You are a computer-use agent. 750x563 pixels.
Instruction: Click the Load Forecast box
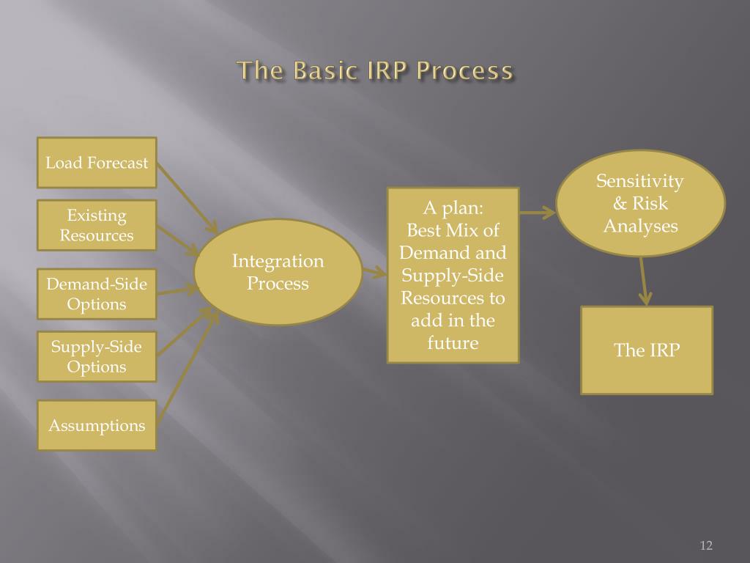(97, 163)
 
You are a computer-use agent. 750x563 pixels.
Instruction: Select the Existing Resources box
(97, 225)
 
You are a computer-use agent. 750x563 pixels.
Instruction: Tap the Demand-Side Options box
(97, 294)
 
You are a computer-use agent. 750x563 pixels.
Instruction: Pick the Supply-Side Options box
(97, 357)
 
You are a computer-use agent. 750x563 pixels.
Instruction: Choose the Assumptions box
(97, 425)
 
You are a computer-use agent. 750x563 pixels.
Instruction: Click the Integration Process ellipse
(278, 272)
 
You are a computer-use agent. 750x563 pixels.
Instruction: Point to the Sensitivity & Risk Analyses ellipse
(640, 204)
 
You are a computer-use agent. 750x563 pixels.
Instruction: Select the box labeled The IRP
(647, 350)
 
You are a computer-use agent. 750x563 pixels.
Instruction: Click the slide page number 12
(706, 545)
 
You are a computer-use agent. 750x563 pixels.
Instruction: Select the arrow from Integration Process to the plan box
(374, 273)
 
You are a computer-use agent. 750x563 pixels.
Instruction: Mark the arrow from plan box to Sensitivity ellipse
(538, 213)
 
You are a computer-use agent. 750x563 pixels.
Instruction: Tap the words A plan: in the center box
(453, 207)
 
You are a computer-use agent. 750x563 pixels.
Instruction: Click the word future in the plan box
(453, 343)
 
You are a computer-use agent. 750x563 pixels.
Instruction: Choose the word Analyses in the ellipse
(640, 227)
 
